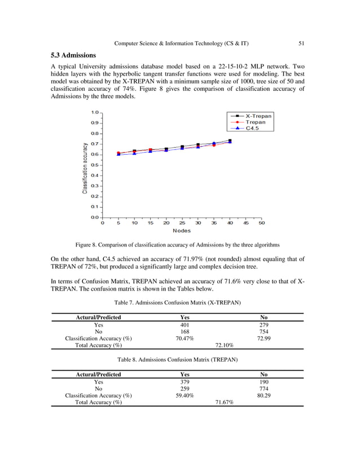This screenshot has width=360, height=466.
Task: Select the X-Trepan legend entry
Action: tap(258, 116)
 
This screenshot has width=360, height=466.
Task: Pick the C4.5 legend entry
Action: tap(252, 128)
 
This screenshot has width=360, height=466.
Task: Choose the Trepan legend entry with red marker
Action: tap(255, 122)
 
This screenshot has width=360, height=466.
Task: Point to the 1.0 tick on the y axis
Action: tap(95, 112)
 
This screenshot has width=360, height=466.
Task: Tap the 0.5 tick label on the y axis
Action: tap(95, 165)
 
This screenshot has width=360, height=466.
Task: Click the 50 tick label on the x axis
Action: tap(262, 223)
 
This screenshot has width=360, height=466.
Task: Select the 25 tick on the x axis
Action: tap(182, 223)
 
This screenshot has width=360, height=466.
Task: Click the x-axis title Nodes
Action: tap(181, 231)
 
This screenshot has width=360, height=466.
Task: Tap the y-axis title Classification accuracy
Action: tap(85, 168)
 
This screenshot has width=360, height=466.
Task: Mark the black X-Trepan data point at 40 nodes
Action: tap(230, 140)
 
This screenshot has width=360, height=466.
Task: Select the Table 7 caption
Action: tap(177, 302)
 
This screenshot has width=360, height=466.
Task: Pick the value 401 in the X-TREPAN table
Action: tap(185, 324)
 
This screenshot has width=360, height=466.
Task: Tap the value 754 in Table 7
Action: tap(264, 331)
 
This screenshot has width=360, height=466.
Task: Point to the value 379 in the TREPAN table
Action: tap(185, 381)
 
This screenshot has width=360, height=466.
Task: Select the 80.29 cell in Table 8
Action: tap(264, 395)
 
